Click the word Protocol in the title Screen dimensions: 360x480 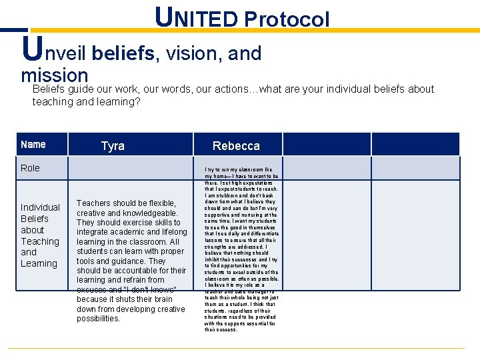point(287,19)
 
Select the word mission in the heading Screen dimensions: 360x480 point(54,75)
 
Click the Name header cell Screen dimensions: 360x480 point(33,145)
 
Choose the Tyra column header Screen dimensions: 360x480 point(113,145)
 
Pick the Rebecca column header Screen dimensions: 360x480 point(236,145)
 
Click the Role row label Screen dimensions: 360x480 point(30,168)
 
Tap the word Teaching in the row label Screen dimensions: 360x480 point(40,241)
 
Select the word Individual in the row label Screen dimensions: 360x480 point(40,207)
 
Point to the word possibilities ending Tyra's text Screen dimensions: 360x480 point(98,319)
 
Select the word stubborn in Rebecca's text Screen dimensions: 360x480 point(225,195)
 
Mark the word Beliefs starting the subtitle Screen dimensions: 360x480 point(49,89)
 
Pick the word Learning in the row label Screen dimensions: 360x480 point(39,263)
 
